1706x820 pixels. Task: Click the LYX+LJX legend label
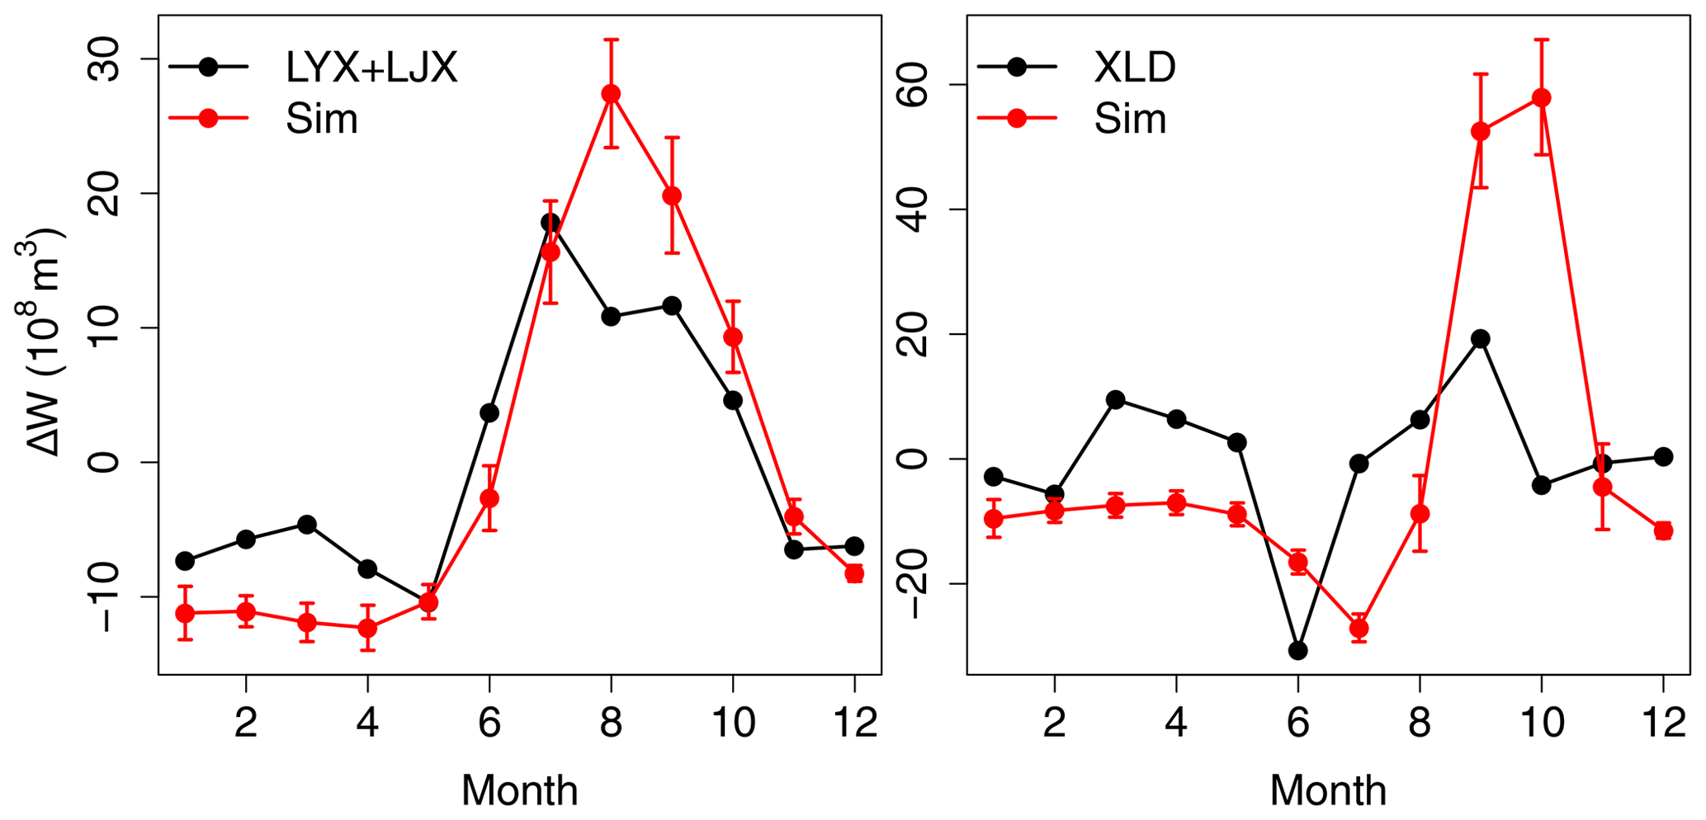(371, 68)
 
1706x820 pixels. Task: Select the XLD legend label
(1134, 68)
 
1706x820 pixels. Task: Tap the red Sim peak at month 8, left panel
(611, 94)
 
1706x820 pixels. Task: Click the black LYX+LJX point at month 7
(551, 223)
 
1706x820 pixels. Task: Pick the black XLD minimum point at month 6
(1297, 650)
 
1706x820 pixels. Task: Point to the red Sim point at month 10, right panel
(1541, 98)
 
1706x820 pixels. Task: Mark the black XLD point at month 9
(1480, 338)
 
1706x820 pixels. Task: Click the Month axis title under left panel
(519, 790)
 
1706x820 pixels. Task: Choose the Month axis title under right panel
(1327, 790)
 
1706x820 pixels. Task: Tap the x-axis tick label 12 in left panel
(854, 724)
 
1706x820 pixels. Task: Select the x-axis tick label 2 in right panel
(1054, 724)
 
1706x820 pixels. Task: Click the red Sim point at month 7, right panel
(1359, 629)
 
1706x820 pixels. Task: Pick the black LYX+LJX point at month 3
(306, 525)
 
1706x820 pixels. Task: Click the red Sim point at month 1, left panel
(185, 613)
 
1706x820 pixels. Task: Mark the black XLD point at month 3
(1115, 400)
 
